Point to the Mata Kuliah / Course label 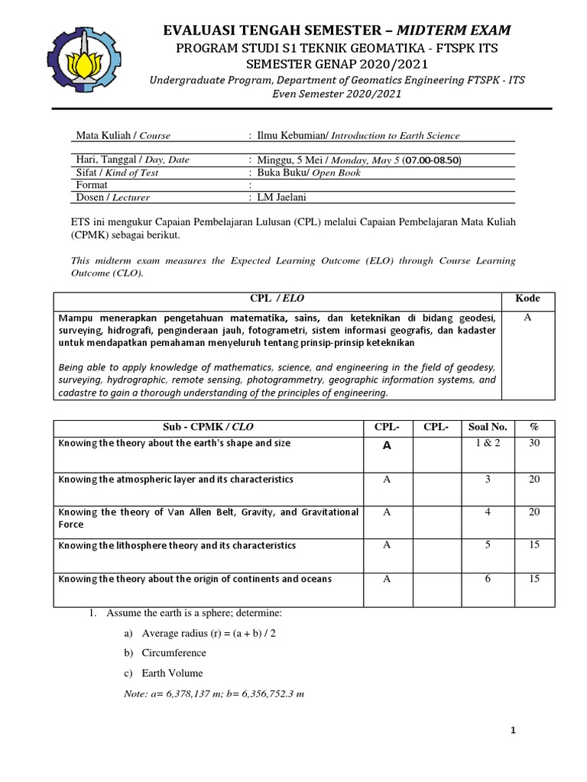pyautogui.click(x=123, y=135)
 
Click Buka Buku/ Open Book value pyautogui.click(x=297, y=172)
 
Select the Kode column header pyautogui.click(x=527, y=299)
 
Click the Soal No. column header pyautogui.click(x=488, y=426)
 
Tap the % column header pyautogui.click(x=534, y=426)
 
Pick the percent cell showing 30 pyautogui.click(x=534, y=443)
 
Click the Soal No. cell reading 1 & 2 pyautogui.click(x=488, y=443)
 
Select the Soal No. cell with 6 pyautogui.click(x=488, y=579)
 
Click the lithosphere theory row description pyautogui.click(x=177, y=545)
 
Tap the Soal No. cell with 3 pyautogui.click(x=488, y=479)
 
